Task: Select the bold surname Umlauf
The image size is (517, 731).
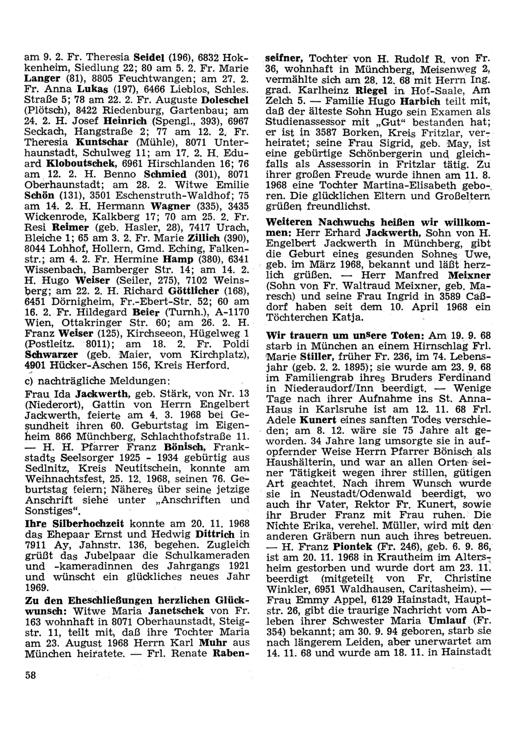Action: (444, 620)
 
